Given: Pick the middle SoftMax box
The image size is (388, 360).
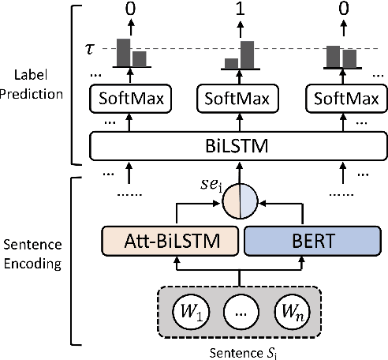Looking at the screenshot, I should [233, 100].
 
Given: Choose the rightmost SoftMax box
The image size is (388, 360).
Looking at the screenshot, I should [343, 100].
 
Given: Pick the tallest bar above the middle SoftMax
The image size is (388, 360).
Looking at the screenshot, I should [247, 54].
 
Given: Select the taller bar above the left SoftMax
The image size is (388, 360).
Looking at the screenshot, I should [123, 52].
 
